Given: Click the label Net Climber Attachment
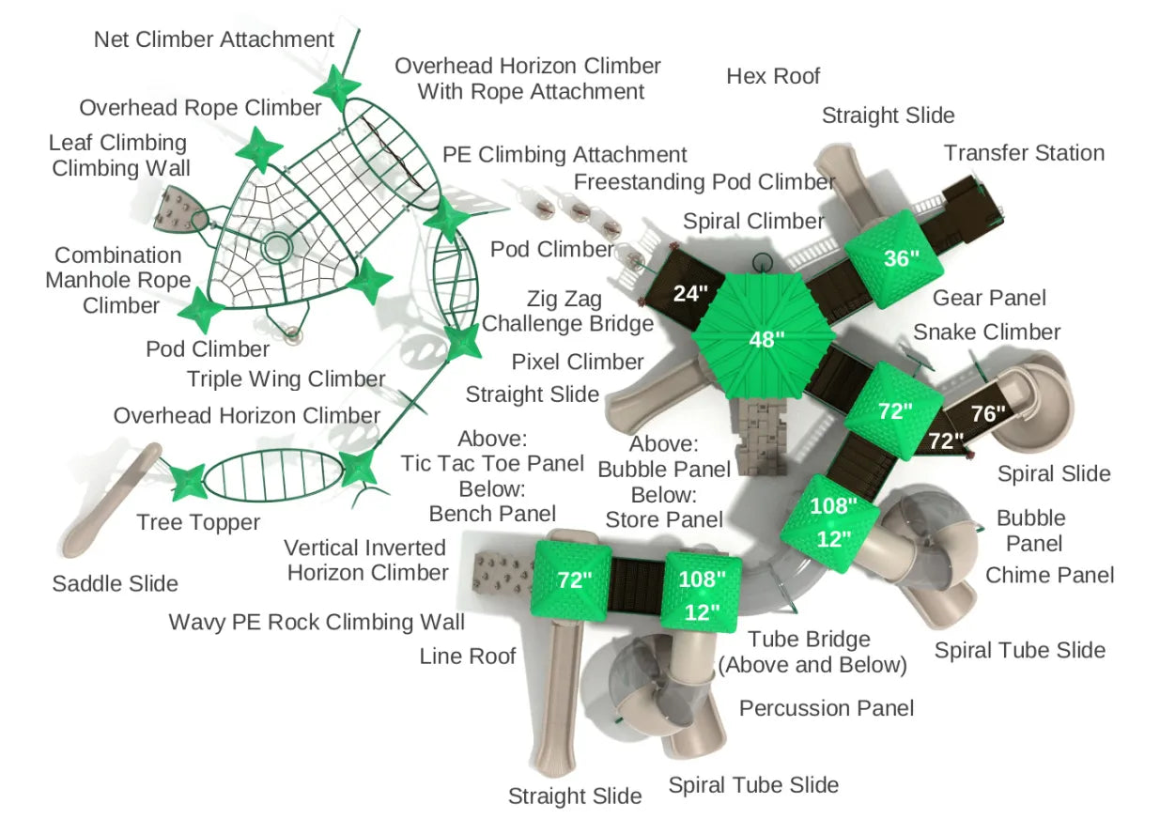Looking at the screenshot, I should tap(214, 39).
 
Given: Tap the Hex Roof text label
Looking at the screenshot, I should tap(773, 76).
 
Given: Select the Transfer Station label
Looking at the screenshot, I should tap(1024, 153).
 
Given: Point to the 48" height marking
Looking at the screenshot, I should tap(766, 340).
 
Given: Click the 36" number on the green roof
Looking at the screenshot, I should tap(901, 257).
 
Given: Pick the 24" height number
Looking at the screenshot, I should tap(690, 294).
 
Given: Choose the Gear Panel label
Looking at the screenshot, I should tap(989, 298).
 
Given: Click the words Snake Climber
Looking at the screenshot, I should tap(986, 332).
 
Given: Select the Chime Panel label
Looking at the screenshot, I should tap(1049, 575).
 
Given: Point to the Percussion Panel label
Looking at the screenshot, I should tap(827, 707).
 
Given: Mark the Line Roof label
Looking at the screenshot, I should tap(468, 656).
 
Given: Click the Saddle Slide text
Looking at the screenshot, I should tap(115, 583).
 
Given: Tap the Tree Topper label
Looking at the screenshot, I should tap(197, 522).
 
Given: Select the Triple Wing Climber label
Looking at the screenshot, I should tap(286, 379).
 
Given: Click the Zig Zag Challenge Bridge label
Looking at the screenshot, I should tap(566, 312).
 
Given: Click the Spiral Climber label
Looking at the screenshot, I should tap(753, 222).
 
